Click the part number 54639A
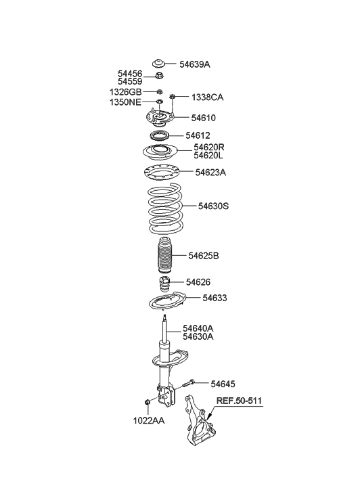point(195,64)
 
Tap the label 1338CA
point(207,97)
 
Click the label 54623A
point(210,173)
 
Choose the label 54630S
point(213,205)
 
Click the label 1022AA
point(148,421)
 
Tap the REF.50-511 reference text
point(239,401)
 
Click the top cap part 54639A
point(162,60)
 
